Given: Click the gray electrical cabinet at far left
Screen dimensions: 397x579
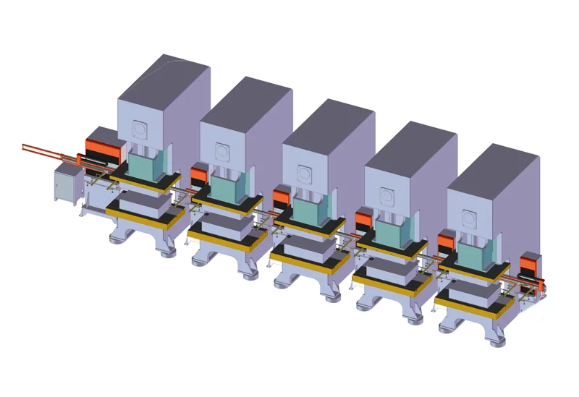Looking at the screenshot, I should pos(67,184).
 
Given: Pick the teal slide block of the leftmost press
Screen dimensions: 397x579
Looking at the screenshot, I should pos(148,163).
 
